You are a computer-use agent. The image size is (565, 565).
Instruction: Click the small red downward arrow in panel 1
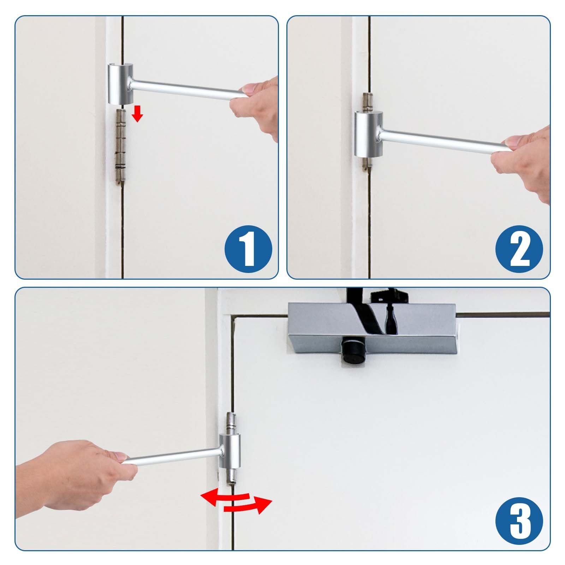click(x=137, y=114)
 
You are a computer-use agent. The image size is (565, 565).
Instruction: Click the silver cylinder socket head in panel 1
click(x=120, y=84)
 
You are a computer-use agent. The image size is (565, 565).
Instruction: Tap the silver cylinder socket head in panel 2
click(x=369, y=134)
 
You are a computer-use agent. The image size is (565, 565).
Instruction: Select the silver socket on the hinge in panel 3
click(x=230, y=451)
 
